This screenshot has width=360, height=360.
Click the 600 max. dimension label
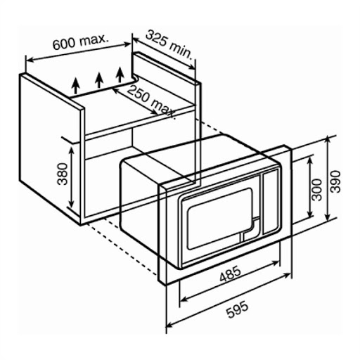tap(81, 42)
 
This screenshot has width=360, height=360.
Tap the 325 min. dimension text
tap(169, 44)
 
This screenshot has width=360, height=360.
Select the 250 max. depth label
tap(152, 102)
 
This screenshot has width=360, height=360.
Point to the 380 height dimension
tap(63, 174)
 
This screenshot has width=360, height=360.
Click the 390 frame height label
tap(335, 181)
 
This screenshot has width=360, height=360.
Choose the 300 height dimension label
tap(317, 189)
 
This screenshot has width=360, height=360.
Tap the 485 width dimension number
tap(230, 274)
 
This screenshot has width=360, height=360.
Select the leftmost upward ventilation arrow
tap(75, 86)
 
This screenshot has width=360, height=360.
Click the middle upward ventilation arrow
tap(99, 80)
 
